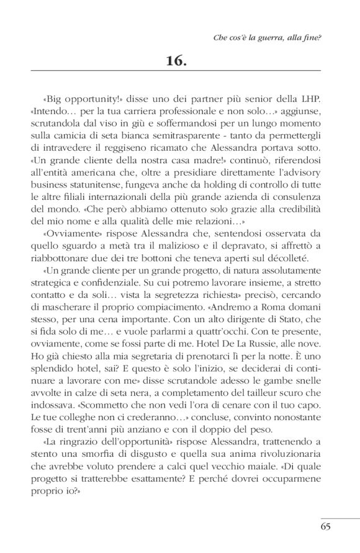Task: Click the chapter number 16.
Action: click(x=180, y=61)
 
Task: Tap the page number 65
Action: click(x=328, y=527)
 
